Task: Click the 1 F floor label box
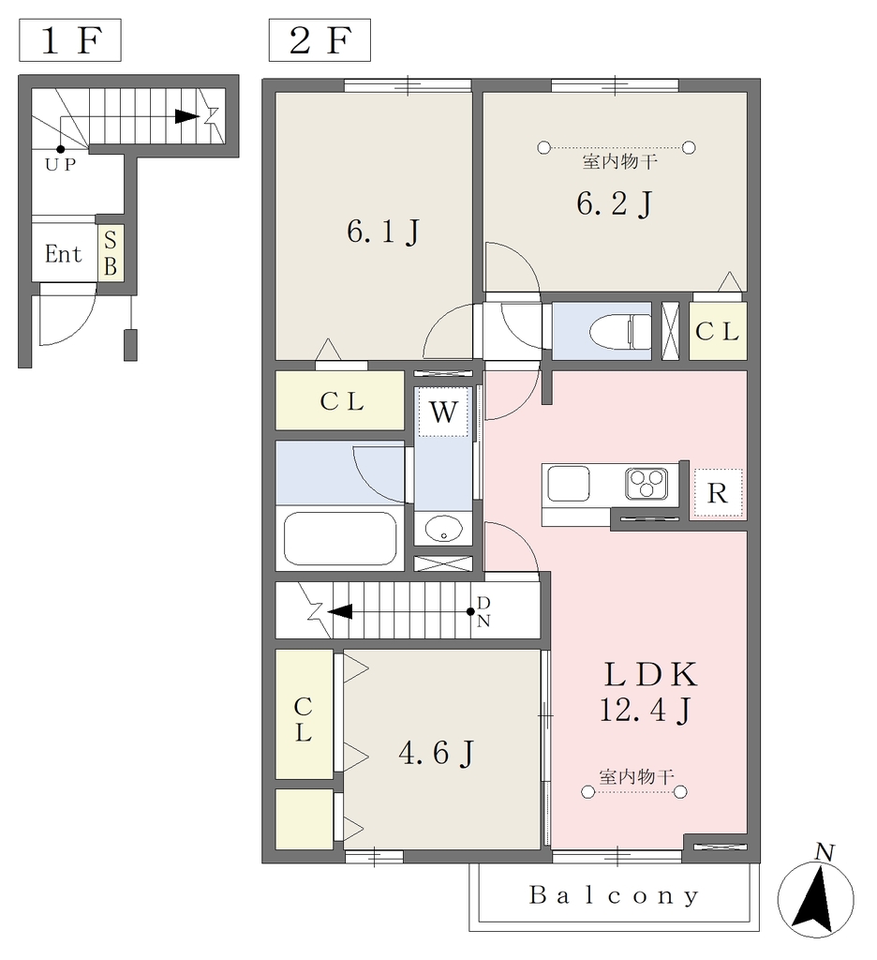[x=69, y=40]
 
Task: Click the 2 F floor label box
[x=320, y=40]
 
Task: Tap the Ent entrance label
[x=63, y=253]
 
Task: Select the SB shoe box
[x=111, y=253]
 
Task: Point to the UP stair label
[x=60, y=164]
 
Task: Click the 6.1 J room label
[x=383, y=232]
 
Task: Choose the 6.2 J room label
[x=614, y=203]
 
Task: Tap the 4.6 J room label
[x=436, y=753]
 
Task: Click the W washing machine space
[x=443, y=412]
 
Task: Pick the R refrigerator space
[x=718, y=493]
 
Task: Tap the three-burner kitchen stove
[x=647, y=484]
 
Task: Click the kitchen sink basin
[x=568, y=484]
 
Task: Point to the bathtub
[x=340, y=538]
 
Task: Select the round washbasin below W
[x=443, y=529]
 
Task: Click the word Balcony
[x=614, y=895]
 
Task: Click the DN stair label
[x=483, y=611]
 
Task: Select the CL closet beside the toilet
[x=718, y=331]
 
